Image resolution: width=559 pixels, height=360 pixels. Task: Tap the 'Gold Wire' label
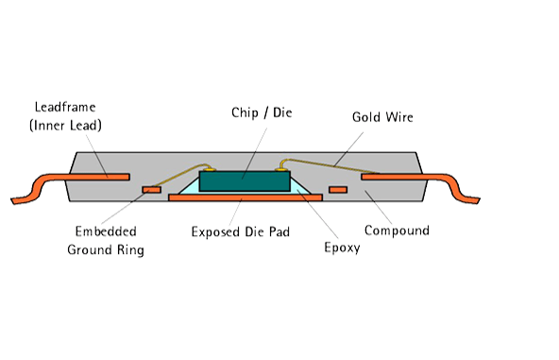click(382, 117)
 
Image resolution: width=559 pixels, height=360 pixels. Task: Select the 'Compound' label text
click(397, 231)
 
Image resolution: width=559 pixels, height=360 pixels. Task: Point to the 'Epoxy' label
click(341, 249)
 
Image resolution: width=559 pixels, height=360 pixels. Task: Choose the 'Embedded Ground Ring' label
click(105, 241)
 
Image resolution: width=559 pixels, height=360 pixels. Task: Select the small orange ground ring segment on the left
click(150, 190)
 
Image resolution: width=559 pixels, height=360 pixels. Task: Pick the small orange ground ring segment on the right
click(337, 190)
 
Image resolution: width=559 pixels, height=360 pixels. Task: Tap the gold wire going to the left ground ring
click(175, 176)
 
